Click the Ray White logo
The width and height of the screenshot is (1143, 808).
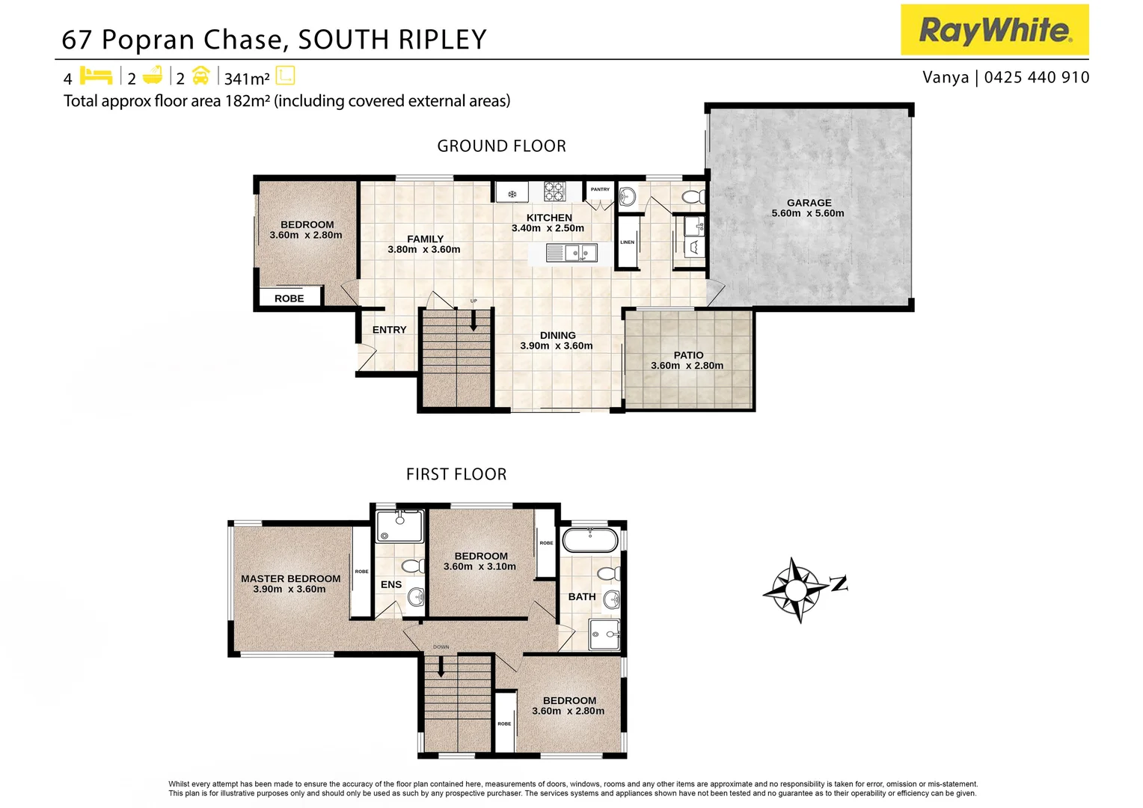pos(994,30)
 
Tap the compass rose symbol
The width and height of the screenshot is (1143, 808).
pos(796,590)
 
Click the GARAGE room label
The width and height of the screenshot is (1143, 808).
pos(809,203)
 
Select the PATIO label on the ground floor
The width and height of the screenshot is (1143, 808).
pos(688,355)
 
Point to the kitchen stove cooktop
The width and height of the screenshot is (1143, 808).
pos(554,191)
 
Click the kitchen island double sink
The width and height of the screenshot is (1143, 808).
pos(580,253)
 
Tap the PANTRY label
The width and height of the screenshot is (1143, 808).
pos(600,189)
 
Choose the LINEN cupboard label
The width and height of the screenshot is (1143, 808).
pos(627,242)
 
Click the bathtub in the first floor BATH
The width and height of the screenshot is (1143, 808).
pos(590,539)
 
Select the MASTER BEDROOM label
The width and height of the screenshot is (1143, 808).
pos(290,578)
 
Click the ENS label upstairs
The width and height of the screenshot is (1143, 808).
pos(391,584)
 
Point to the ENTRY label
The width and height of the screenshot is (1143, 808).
pos(390,330)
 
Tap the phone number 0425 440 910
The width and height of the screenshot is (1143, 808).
pos(1036,77)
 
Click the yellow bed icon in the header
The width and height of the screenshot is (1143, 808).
pos(96,76)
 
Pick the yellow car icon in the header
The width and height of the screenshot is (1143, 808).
pos(200,76)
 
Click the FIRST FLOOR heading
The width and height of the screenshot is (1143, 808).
pos(456,474)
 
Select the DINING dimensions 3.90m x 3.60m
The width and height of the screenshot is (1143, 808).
pos(557,346)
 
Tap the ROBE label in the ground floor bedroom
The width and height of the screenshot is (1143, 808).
pos(289,299)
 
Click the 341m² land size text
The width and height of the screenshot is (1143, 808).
pos(247,79)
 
